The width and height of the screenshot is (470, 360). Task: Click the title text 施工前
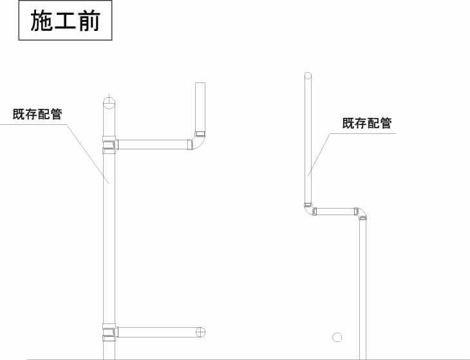[65, 21]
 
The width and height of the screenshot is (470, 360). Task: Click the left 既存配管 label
[37, 114]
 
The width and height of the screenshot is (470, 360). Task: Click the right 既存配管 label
[367, 123]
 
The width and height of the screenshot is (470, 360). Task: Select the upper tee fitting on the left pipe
[109, 145]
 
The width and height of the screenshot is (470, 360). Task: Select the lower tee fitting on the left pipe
[109, 332]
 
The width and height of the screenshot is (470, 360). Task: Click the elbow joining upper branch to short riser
[198, 141]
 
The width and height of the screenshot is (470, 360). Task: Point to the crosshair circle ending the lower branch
[200, 332]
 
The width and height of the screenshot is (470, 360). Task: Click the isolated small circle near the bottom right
[337, 337]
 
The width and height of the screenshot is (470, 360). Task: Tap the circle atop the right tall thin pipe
[308, 75]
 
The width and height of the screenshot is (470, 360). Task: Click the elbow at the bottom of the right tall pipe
[309, 210]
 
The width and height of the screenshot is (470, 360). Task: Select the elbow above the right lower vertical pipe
[361, 213]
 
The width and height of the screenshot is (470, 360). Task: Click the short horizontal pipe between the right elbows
[335, 211]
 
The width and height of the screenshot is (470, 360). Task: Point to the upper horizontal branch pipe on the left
[153, 144]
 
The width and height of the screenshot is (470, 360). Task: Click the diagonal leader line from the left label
[88, 153]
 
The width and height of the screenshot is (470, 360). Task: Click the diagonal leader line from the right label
[319, 155]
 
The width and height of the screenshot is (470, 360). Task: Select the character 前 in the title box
[89, 21]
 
